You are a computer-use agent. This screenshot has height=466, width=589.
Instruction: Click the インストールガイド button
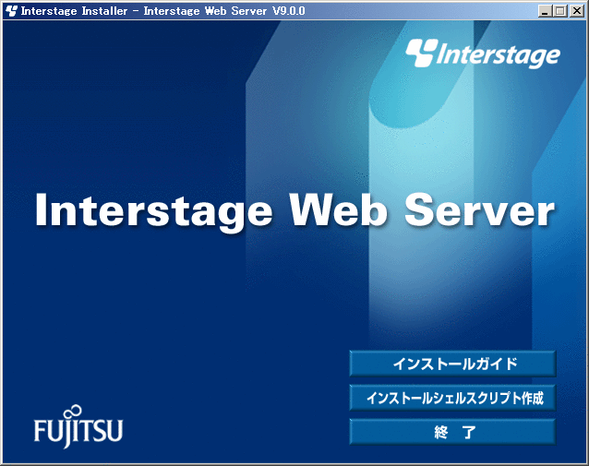tap(452, 364)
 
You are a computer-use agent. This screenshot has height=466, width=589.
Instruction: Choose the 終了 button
tap(452, 432)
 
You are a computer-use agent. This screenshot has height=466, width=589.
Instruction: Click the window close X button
tap(577, 11)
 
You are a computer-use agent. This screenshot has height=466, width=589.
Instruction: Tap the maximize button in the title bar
tap(560, 11)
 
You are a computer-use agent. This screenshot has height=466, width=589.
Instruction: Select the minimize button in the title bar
tap(546, 11)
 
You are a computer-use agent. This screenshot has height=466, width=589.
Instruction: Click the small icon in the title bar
tap(11, 11)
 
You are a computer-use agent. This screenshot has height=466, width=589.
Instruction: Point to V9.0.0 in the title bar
tap(288, 11)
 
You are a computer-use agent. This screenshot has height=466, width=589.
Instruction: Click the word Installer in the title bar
tap(104, 11)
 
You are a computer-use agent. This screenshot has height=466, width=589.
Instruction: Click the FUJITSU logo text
tap(78, 430)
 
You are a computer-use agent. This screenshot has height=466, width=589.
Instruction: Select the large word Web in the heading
tap(338, 209)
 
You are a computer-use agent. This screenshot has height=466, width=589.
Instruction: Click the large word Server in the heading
tap(479, 209)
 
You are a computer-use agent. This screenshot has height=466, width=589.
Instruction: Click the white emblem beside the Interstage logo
tap(422, 53)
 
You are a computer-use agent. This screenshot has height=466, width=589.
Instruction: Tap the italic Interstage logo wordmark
tap(499, 55)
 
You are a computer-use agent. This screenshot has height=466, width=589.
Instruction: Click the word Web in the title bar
tap(216, 11)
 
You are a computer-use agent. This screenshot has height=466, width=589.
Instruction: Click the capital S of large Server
tap(420, 209)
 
